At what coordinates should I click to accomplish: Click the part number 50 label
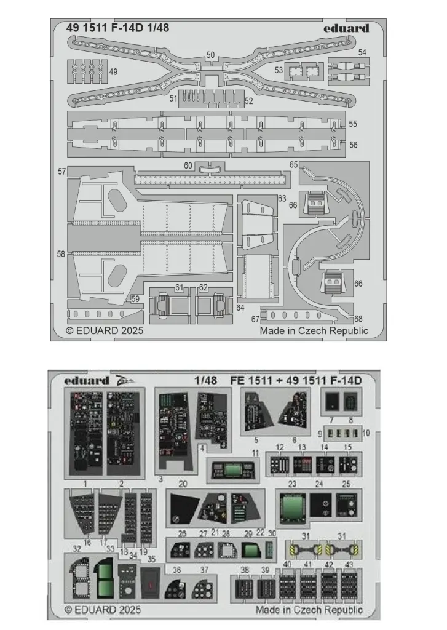click(211, 55)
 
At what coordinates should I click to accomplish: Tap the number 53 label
click(279, 70)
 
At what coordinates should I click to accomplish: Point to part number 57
click(61, 171)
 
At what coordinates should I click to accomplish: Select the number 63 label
click(282, 198)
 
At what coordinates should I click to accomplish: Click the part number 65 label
click(293, 164)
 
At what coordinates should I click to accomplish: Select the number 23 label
click(292, 484)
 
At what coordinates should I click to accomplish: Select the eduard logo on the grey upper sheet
click(346, 28)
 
